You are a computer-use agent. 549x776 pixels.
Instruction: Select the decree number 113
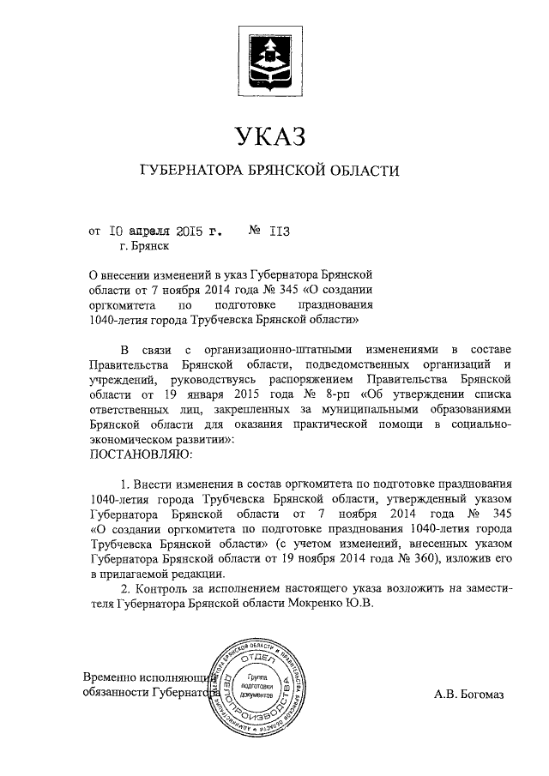[x=281, y=231]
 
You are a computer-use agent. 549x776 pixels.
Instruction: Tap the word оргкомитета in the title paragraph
[x=127, y=304]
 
